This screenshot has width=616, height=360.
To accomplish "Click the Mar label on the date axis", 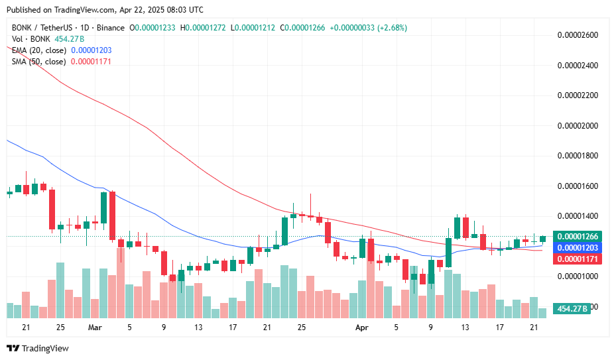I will [x=95, y=327].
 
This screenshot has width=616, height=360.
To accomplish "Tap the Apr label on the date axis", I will [x=361, y=327].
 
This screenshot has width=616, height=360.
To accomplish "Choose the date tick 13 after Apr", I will [x=465, y=327].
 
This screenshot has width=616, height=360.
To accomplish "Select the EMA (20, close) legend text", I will [x=38, y=50].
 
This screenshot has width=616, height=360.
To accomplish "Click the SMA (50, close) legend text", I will [x=38, y=62].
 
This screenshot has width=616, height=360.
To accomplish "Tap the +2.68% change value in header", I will [x=390, y=28].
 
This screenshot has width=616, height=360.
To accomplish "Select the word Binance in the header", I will [x=110, y=28].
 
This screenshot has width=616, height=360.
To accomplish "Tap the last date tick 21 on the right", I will [x=534, y=327].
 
